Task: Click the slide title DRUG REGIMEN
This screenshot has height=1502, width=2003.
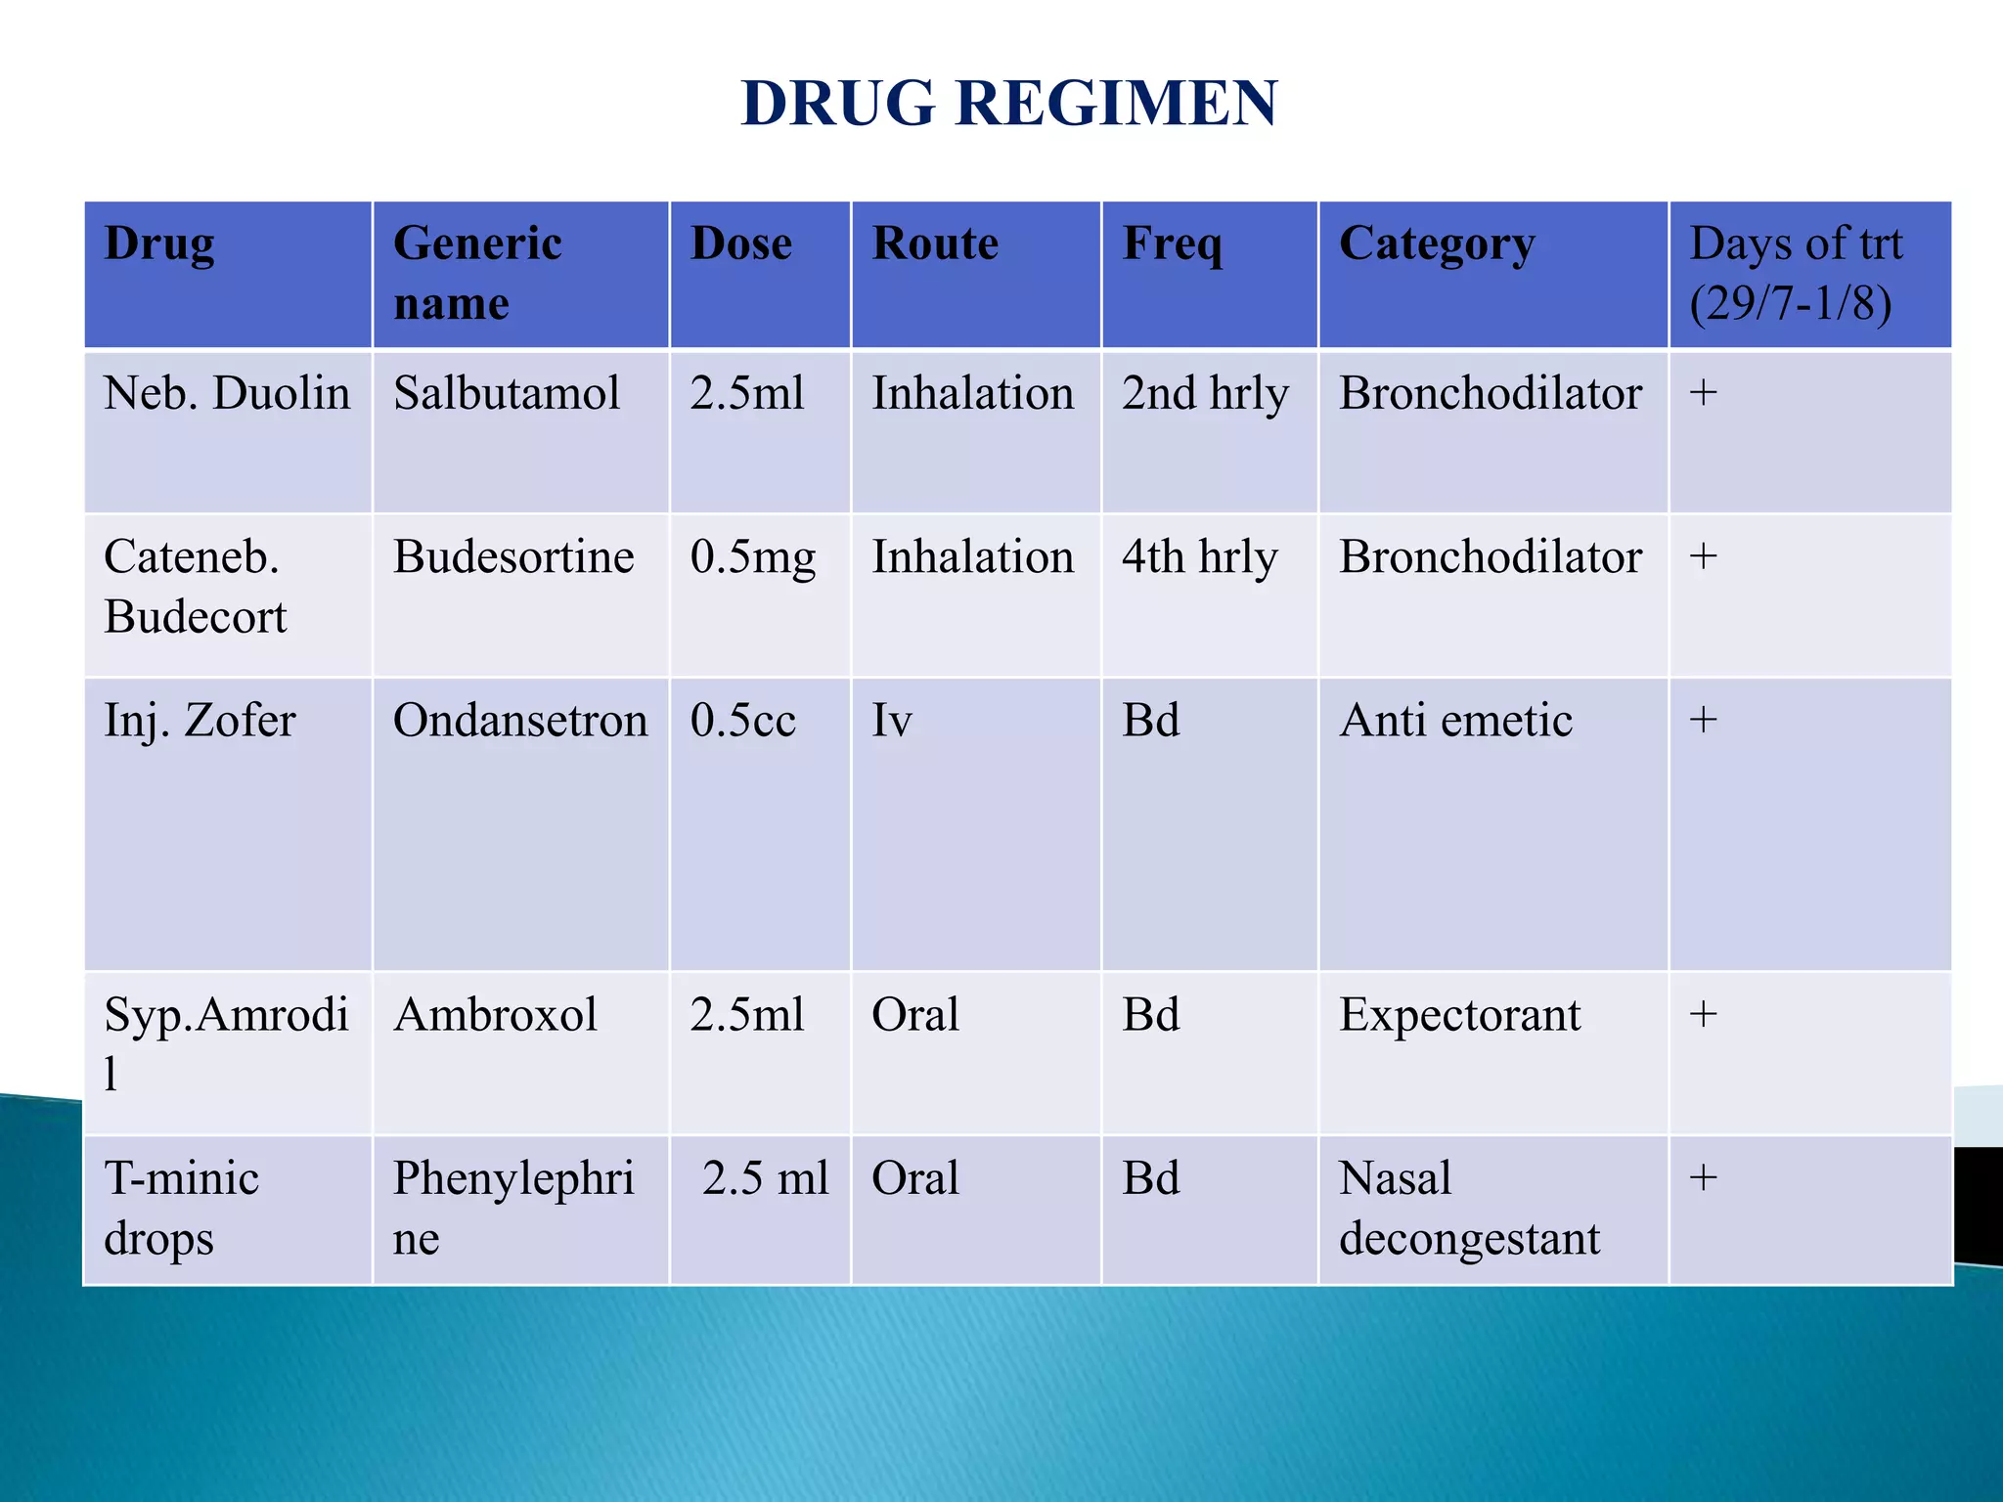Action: (1008, 103)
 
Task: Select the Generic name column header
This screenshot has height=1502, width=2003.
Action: (477, 273)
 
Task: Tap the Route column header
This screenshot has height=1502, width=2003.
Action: (935, 243)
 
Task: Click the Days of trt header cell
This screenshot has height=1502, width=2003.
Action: (1796, 273)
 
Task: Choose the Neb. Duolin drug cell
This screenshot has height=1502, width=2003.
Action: (227, 393)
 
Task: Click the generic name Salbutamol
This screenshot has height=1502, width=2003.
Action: (507, 393)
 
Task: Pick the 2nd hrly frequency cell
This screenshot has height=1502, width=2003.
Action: (1205, 394)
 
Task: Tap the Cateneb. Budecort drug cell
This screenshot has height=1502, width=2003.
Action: (196, 587)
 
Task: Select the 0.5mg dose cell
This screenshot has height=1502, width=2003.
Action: (752, 557)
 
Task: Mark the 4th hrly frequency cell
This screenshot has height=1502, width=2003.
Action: (1199, 557)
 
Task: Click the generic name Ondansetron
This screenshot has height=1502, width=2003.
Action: (520, 721)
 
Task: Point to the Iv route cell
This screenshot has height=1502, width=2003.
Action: (892, 721)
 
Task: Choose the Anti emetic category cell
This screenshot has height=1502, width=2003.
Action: (1455, 721)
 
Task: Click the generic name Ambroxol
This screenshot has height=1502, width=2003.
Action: (495, 1015)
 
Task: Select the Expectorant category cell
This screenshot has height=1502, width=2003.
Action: (1459, 1015)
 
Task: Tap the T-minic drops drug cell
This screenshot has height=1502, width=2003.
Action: (182, 1208)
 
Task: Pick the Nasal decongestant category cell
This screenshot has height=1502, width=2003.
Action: (1469, 1208)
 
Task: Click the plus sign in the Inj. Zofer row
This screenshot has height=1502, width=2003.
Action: (1703, 720)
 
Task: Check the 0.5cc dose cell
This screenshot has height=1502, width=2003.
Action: (742, 721)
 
